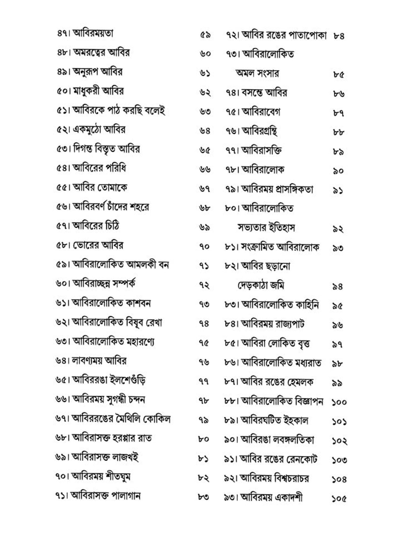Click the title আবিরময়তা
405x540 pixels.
(x=93, y=33)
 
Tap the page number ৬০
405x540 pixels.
(x=205, y=54)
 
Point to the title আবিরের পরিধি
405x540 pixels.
(x=99, y=168)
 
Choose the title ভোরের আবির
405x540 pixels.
(x=98, y=245)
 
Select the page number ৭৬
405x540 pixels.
(x=204, y=362)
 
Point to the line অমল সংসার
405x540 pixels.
(x=257, y=73)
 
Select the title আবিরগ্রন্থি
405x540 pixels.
(x=260, y=131)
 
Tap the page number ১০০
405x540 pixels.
(x=339, y=402)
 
